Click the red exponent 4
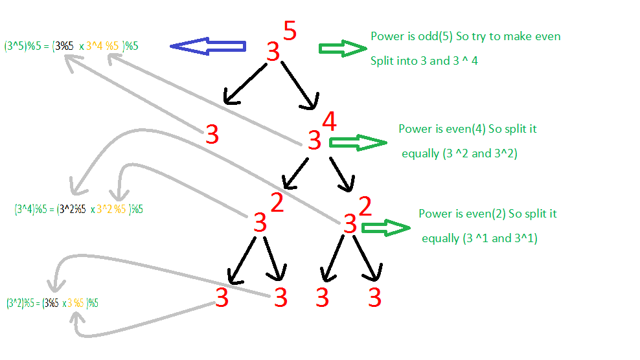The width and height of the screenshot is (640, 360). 328,121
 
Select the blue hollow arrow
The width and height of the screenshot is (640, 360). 208,46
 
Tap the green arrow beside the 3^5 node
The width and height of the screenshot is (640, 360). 343,49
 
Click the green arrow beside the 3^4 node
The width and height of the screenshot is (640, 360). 356,142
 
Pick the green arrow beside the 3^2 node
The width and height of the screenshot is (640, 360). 385,227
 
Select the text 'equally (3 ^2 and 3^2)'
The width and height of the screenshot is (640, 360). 459,154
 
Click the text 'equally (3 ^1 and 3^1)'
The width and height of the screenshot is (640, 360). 479,238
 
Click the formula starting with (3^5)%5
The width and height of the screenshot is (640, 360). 71,46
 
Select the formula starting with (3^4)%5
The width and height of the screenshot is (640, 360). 78,209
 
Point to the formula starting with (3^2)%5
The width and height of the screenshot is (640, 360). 52,302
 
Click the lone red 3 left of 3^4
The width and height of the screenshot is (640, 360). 212,135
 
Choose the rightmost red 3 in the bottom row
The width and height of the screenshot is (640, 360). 374,298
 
